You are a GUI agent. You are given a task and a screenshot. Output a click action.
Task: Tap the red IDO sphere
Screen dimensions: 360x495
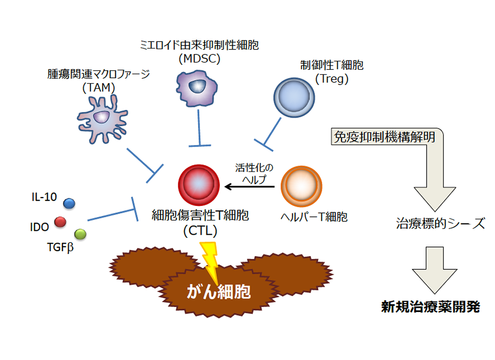[60, 222]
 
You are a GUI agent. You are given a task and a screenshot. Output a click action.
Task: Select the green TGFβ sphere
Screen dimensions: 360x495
[80, 233]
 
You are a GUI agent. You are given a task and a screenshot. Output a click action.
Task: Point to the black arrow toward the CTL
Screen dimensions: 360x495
[249, 187]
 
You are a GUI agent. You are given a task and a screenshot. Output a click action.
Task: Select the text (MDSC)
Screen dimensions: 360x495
[199, 58]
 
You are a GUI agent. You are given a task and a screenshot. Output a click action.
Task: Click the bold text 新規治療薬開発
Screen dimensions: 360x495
[430, 307]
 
